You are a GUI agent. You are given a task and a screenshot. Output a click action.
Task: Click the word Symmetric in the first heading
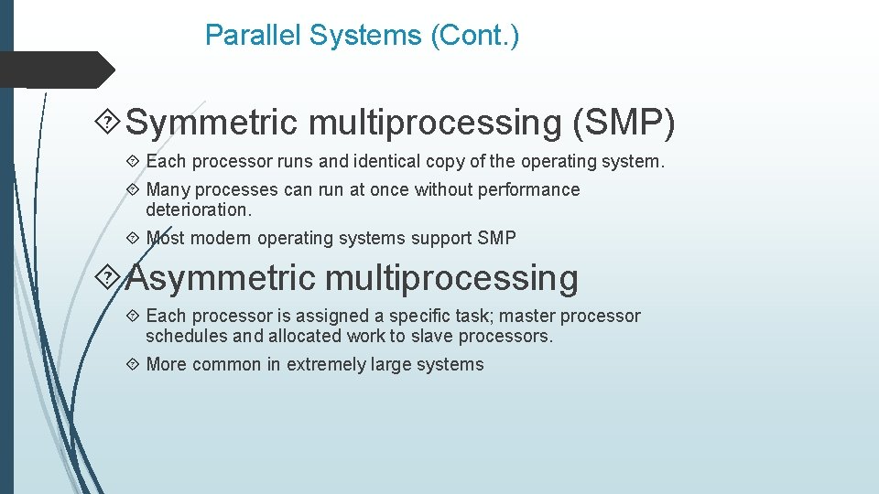(212, 123)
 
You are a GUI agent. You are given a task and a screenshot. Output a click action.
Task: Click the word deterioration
(198, 209)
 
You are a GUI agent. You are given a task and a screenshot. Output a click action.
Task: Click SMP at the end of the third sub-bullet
(496, 238)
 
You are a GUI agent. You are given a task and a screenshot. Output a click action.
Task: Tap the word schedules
(187, 336)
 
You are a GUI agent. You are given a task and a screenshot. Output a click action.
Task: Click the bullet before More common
(133, 364)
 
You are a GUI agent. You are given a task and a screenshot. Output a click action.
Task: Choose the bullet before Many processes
(133, 189)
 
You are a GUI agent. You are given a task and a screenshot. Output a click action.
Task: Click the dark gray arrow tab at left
(55, 70)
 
